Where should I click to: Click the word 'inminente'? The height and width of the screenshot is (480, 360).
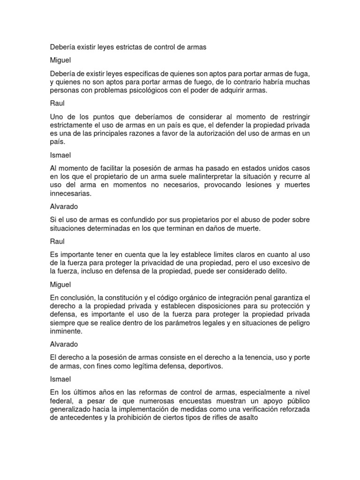(x=66, y=331)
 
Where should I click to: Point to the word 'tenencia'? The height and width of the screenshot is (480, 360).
(x=251, y=358)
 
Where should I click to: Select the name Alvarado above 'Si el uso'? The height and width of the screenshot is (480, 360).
(x=64, y=207)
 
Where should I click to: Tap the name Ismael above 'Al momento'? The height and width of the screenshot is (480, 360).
(x=60, y=154)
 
